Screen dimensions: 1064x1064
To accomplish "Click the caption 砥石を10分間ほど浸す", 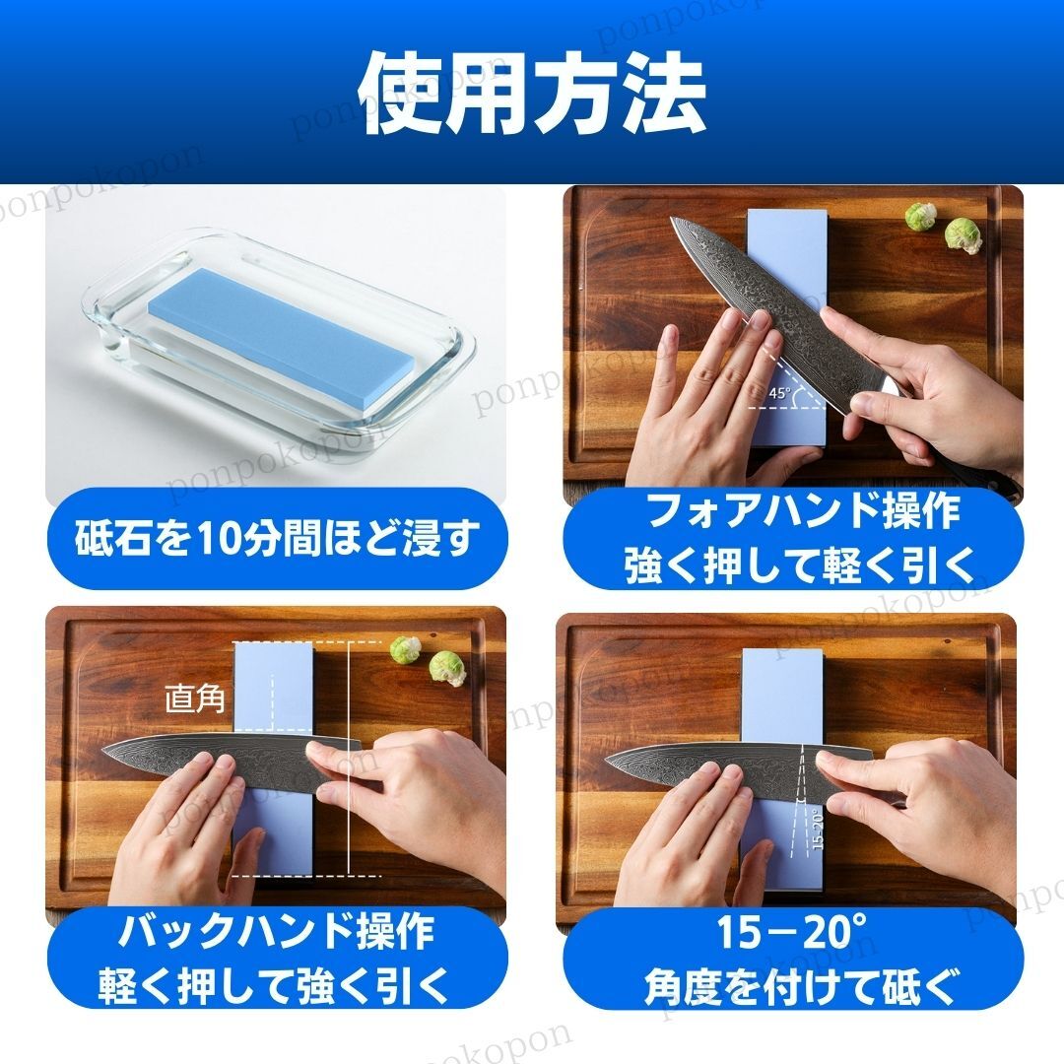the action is click(277, 537).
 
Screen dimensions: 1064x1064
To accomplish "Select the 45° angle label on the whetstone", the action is click(779, 393).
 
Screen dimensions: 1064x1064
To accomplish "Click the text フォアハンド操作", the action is click(803, 511).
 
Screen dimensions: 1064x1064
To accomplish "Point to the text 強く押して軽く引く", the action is click(799, 565).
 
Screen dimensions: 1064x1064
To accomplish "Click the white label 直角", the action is click(195, 698).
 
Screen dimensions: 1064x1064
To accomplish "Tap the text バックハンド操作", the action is click(276, 932).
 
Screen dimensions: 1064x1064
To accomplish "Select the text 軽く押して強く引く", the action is click(274, 986).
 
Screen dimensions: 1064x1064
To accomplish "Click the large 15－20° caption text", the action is click(791, 932).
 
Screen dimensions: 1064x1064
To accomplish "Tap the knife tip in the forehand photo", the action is click(671, 219).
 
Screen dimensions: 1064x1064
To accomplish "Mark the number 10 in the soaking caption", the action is click(215, 538).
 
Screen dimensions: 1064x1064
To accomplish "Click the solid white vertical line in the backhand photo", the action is click(348, 758).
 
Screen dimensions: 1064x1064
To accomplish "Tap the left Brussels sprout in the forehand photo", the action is click(920, 216).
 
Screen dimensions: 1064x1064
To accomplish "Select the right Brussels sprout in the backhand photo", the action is click(448, 668).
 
